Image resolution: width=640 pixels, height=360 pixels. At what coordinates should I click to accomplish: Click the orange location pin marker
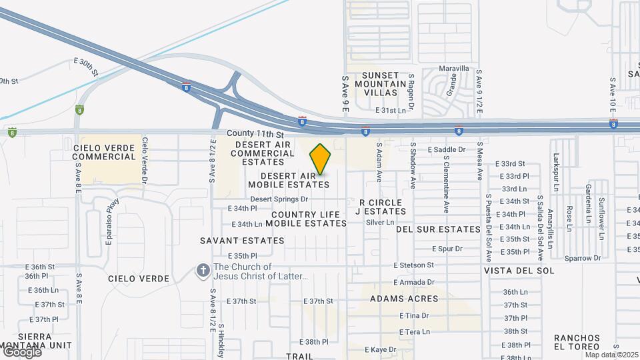(321, 159)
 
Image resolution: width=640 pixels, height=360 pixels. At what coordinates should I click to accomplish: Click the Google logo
(21, 352)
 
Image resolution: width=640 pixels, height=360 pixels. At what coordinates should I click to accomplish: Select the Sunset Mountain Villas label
(381, 83)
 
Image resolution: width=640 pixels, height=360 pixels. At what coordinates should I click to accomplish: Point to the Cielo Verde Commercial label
(104, 151)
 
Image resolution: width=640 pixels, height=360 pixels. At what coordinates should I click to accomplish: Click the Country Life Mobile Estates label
(309, 219)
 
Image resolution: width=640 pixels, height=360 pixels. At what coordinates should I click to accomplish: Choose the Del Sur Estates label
(438, 229)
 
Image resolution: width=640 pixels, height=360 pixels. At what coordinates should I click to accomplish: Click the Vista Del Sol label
(519, 271)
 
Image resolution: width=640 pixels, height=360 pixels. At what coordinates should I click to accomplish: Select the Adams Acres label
(403, 298)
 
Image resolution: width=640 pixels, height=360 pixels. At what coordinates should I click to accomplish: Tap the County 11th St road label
(251, 134)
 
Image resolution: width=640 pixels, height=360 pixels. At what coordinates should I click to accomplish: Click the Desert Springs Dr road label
(279, 199)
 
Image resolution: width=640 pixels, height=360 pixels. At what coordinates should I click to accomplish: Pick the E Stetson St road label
(413, 265)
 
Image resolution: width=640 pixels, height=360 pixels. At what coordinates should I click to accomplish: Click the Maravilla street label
(454, 69)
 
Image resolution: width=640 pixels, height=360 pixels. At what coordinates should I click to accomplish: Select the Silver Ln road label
(380, 222)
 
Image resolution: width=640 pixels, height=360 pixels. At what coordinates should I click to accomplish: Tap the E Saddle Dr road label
(446, 149)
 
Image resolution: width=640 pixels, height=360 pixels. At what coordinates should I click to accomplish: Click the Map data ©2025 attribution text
(611, 355)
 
